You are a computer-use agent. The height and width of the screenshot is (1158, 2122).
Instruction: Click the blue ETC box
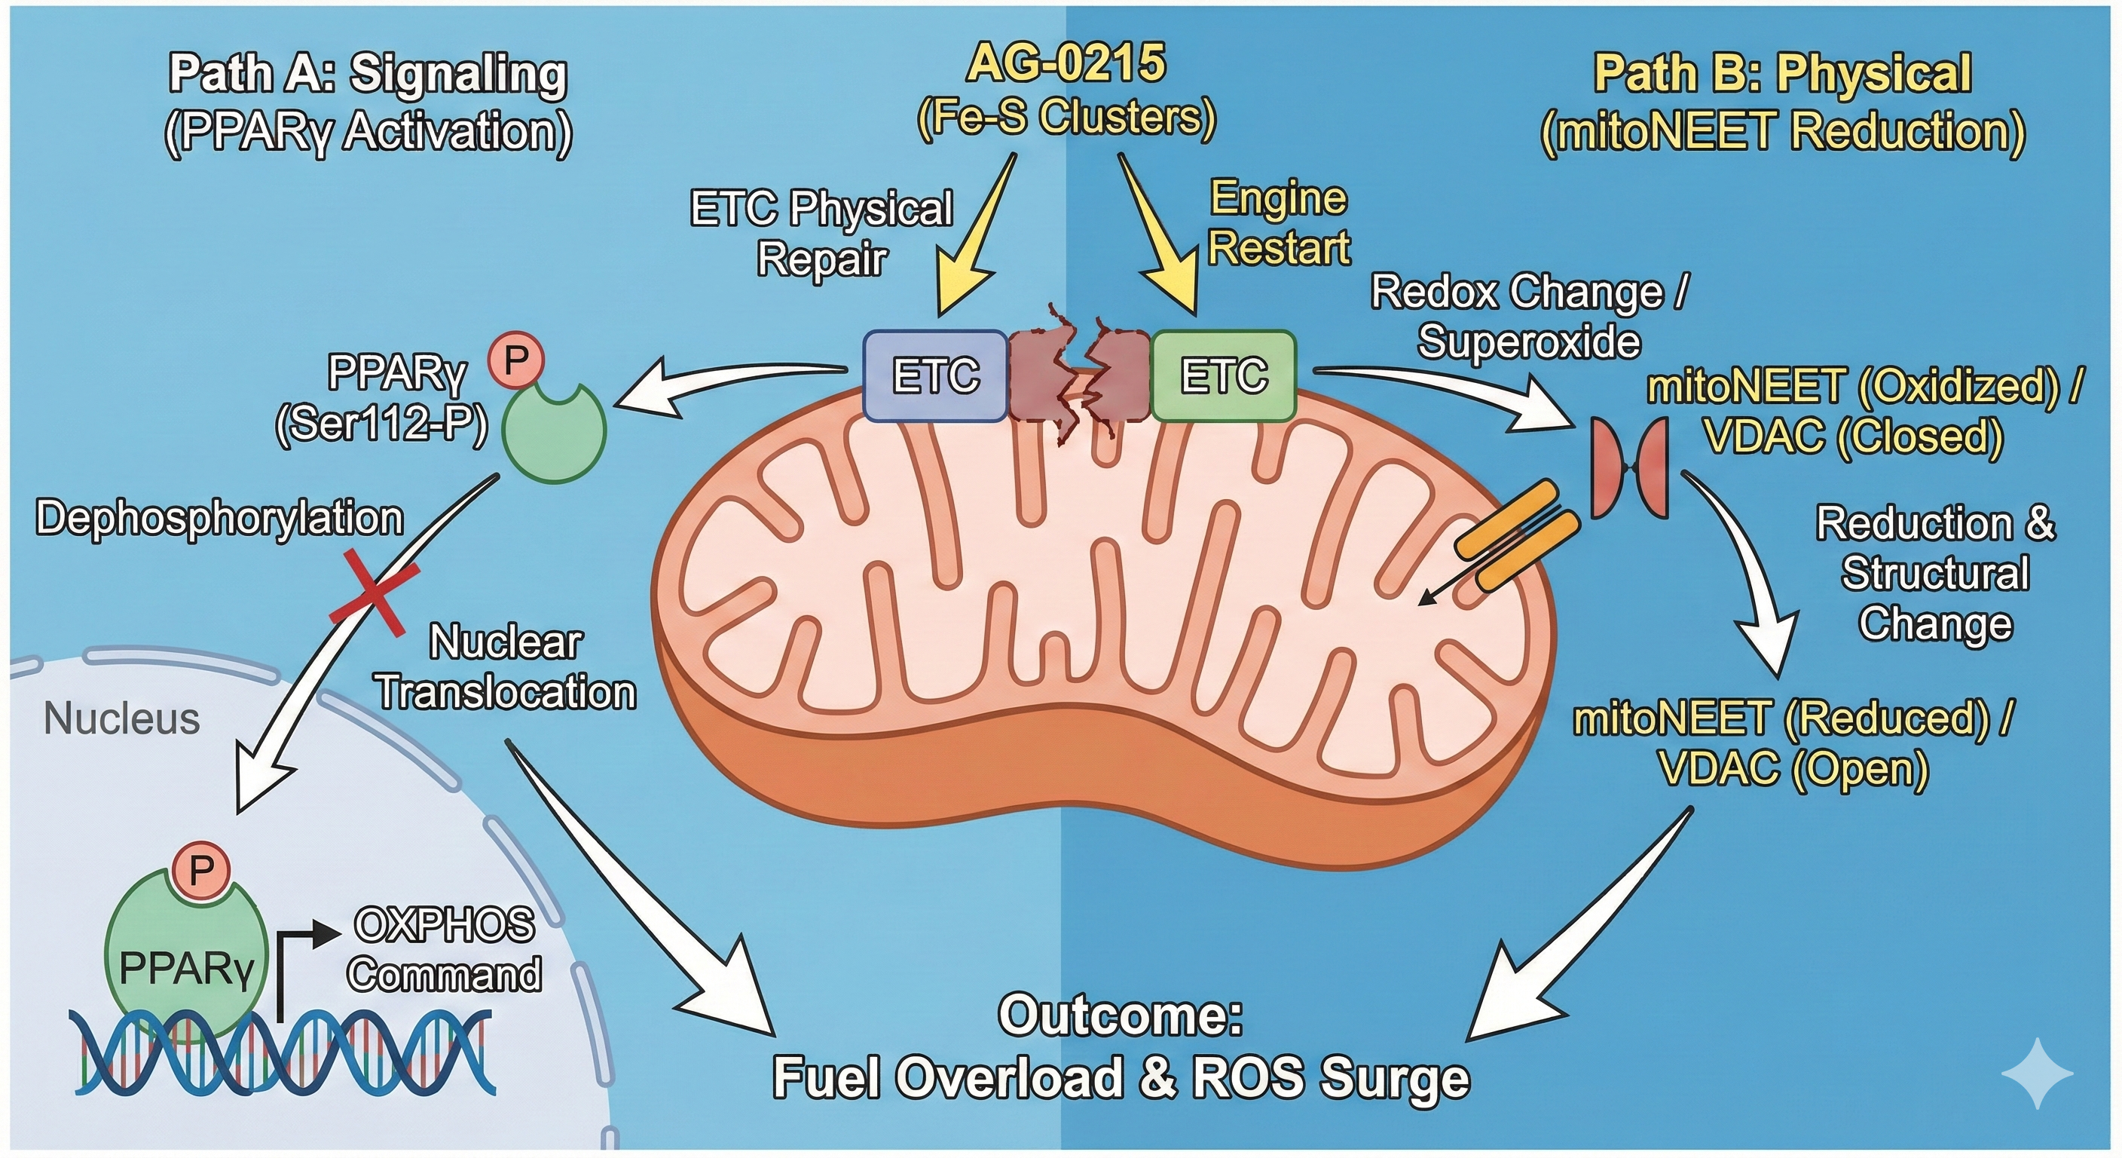coord(935,376)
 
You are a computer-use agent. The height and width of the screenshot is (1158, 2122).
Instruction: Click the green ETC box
coord(1223,376)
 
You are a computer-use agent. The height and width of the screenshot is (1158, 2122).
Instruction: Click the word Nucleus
coord(121,718)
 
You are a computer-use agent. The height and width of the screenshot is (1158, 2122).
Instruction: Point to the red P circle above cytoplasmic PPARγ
coord(515,361)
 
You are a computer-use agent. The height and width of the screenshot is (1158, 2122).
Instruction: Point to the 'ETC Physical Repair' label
coord(821,233)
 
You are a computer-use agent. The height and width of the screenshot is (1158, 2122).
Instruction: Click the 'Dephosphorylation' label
coord(220,519)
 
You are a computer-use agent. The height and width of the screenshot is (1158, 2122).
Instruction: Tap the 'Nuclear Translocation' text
coord(506,668)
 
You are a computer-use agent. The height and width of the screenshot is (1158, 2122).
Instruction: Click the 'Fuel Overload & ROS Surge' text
coord(1121,1077)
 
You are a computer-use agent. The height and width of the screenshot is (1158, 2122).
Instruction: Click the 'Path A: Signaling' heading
coord(368,74)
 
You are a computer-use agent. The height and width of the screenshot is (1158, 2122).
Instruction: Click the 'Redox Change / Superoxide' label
coord(1529,317)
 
